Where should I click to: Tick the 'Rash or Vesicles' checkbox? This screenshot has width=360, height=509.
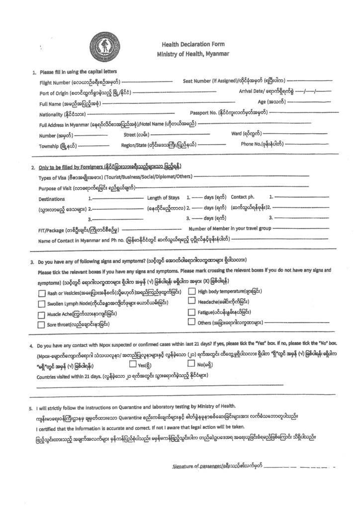42,293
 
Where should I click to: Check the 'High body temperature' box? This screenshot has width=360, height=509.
191,292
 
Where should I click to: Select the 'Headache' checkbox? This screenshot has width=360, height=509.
191,301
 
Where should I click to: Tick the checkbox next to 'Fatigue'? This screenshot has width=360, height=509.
191,312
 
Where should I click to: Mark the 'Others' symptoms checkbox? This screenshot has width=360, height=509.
191,322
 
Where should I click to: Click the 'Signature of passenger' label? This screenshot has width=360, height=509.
216,466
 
